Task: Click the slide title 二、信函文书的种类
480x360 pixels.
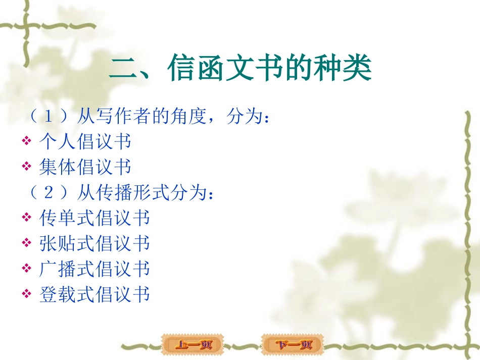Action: (x=241, y=69)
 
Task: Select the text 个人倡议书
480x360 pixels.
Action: (x=85, y=141)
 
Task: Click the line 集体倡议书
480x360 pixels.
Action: (x=85, y=167)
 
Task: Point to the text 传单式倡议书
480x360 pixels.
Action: (x=94, y=218)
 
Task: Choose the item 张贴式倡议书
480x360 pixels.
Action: (x=94, y=243)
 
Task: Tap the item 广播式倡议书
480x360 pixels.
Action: (x=94, y=269)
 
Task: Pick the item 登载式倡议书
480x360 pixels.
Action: (x=94, y=294)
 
